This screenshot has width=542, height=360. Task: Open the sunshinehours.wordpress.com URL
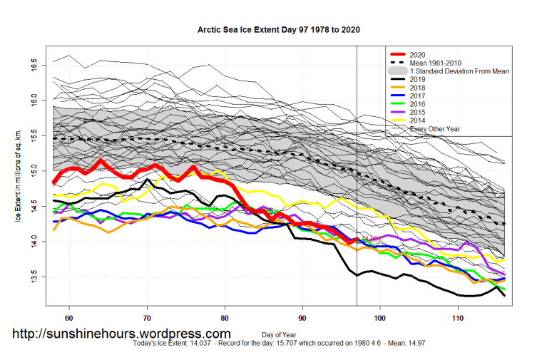[122, 334]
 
